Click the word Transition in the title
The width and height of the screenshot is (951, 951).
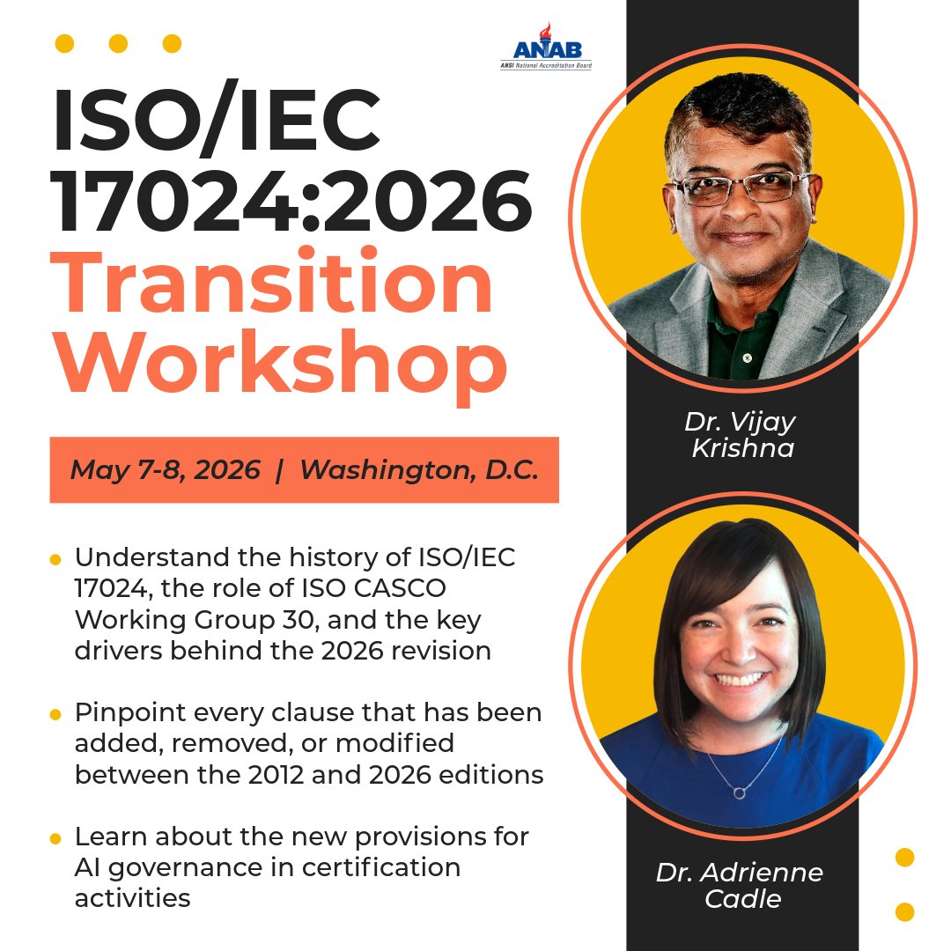click(x=275, y=285)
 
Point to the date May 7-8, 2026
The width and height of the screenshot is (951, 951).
click(x=165, y=470)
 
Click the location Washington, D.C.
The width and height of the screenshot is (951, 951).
click(x=418, y=470)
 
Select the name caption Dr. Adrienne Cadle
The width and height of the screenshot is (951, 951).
click(x=740, y=886)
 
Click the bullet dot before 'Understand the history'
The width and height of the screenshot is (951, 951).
click(x=55, y=560)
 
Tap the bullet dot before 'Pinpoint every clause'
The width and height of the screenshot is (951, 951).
click(x=55, y=714)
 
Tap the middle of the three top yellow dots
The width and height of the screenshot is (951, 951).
click(x=118, y=43)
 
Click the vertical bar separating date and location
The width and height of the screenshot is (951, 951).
click(x=279, y=470)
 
